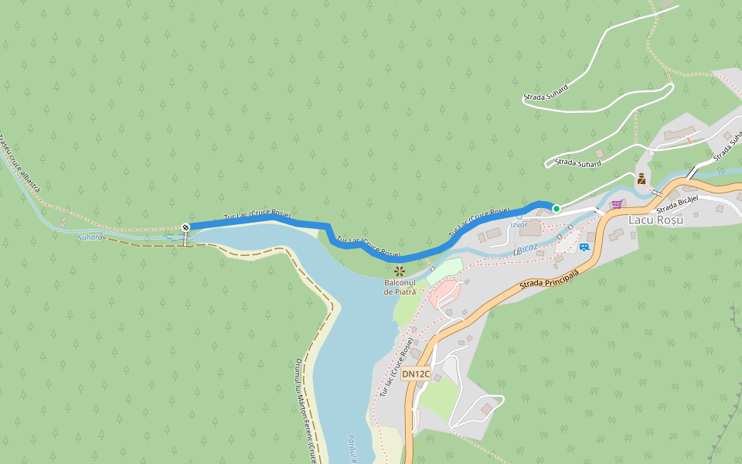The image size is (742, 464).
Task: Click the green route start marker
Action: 556,208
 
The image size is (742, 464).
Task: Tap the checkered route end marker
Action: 185,227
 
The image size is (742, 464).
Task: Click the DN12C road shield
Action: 416,374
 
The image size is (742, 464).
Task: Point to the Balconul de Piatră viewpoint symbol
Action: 400,271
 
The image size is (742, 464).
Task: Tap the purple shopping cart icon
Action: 617,204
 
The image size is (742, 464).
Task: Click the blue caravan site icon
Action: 584,247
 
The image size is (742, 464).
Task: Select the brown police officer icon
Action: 642,179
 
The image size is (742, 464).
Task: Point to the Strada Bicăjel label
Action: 677,203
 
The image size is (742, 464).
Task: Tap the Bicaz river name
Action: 526,248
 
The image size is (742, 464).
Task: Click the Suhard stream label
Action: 90,237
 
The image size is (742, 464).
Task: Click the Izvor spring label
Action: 519,224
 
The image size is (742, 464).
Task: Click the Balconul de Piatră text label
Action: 400,287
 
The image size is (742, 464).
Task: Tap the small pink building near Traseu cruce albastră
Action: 63,223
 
